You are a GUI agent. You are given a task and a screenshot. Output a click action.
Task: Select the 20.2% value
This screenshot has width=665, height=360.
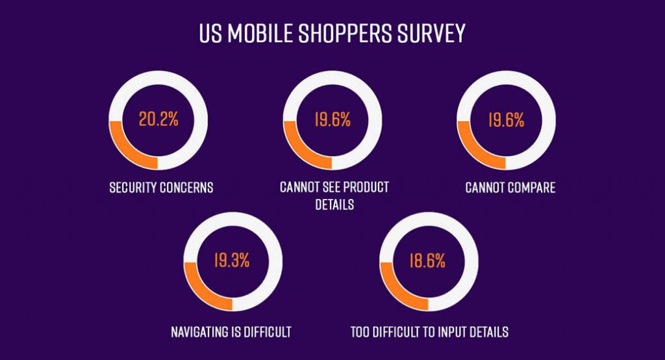158,120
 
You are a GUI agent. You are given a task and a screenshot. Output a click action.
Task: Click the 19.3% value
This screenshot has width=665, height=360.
232,262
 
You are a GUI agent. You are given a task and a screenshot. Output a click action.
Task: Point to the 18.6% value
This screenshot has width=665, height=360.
427,262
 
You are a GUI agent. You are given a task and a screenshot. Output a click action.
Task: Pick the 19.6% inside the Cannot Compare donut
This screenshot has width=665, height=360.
506,120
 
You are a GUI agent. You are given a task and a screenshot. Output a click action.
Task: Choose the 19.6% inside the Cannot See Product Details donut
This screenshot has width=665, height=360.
332,120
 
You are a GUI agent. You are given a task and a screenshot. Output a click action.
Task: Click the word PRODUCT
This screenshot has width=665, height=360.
365,188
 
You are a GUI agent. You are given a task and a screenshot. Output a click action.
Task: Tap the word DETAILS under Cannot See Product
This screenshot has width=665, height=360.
334,205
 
